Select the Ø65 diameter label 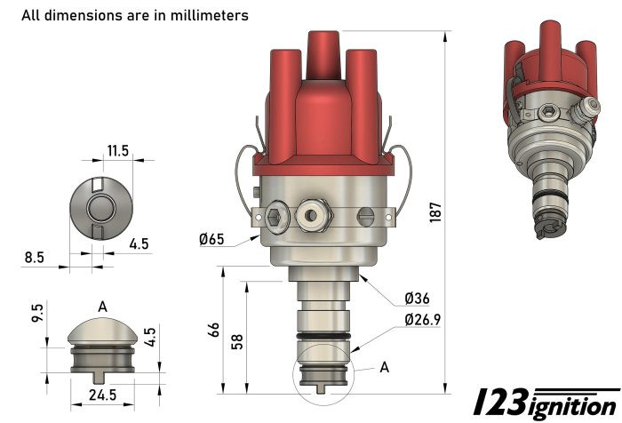tap(212, 239)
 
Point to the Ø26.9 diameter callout tap(425, 319)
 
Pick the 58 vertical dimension tap(236, 342)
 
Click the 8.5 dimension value tap(34, 258)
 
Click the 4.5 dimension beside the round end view tap(139, 243)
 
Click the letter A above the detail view tap(102, 307)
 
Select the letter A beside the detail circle tap(384, 366)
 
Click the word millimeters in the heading tap(206, 15)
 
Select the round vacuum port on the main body tap(314, 213)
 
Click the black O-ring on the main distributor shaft tap(323, 337)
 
